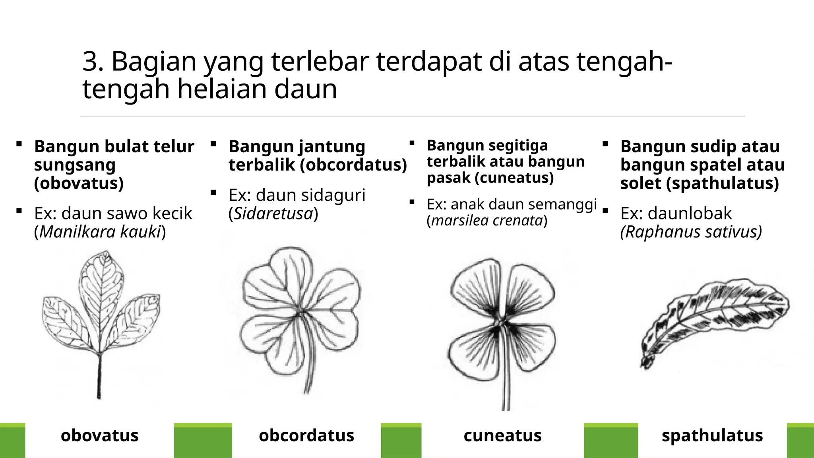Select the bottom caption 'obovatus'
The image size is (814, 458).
[x=99, y=435]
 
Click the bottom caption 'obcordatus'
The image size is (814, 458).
[x=306, y=435]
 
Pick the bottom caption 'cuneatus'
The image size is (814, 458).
[x=502, y=435]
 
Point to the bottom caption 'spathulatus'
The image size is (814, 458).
[x=712, y=435]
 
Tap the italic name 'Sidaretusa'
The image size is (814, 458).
[x=273, y=213]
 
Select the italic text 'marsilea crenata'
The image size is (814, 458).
[x=487, y=220]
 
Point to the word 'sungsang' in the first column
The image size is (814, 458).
[x=75, y=165]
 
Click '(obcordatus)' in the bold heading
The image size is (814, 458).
[x=353, y=165]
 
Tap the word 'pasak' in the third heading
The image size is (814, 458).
[x=449, y=178]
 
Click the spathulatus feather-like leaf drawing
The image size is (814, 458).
[x=715, y=318]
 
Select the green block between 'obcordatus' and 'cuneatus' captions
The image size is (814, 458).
[x=401, y=441]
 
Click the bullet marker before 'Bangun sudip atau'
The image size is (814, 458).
[x=605, y=145]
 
